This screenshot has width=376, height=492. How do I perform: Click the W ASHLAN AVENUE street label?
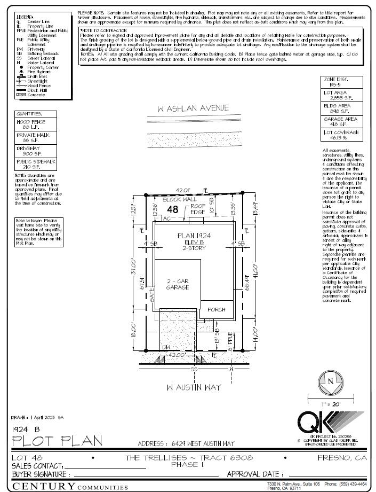[193, 108]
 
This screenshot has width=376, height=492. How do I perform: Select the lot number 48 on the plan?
[172, 210]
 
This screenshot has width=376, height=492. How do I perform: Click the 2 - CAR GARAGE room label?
[178, 284]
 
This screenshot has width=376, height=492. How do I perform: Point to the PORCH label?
[216, 309]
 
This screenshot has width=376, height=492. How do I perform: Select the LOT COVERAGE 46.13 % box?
[341, 135]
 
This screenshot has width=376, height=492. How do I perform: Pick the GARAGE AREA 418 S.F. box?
[341, 121]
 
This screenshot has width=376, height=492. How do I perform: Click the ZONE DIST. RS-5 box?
[341, 82]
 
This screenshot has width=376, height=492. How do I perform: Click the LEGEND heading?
[25, 17]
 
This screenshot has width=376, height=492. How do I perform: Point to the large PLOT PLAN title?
[57, 441]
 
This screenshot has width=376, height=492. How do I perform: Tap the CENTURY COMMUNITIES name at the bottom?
[70, 486]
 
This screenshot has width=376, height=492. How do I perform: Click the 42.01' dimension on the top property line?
[183, 190]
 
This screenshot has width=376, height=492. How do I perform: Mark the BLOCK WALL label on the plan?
[169, 199]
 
